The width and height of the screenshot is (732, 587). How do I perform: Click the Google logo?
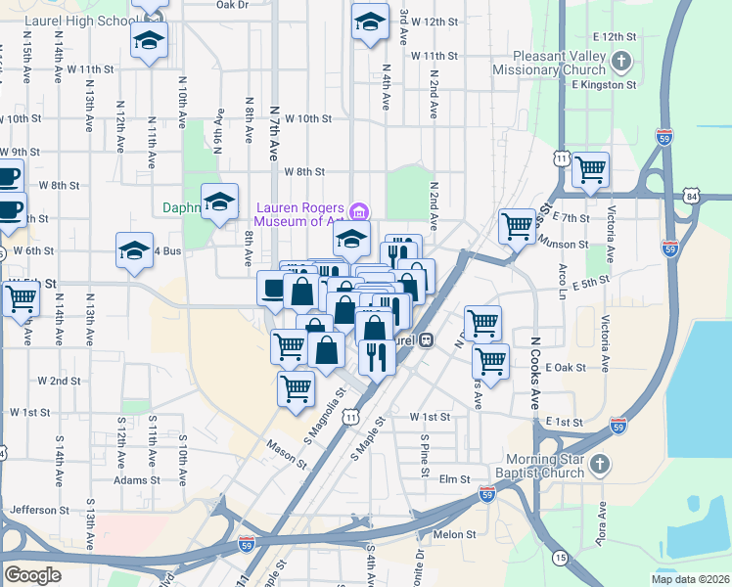32,574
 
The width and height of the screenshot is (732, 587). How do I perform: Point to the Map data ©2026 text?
689,579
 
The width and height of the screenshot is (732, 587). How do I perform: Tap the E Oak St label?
565,368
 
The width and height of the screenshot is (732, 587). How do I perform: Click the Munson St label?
567,244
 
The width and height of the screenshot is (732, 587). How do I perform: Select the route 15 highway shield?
559,557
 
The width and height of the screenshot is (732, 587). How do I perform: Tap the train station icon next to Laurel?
426,340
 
